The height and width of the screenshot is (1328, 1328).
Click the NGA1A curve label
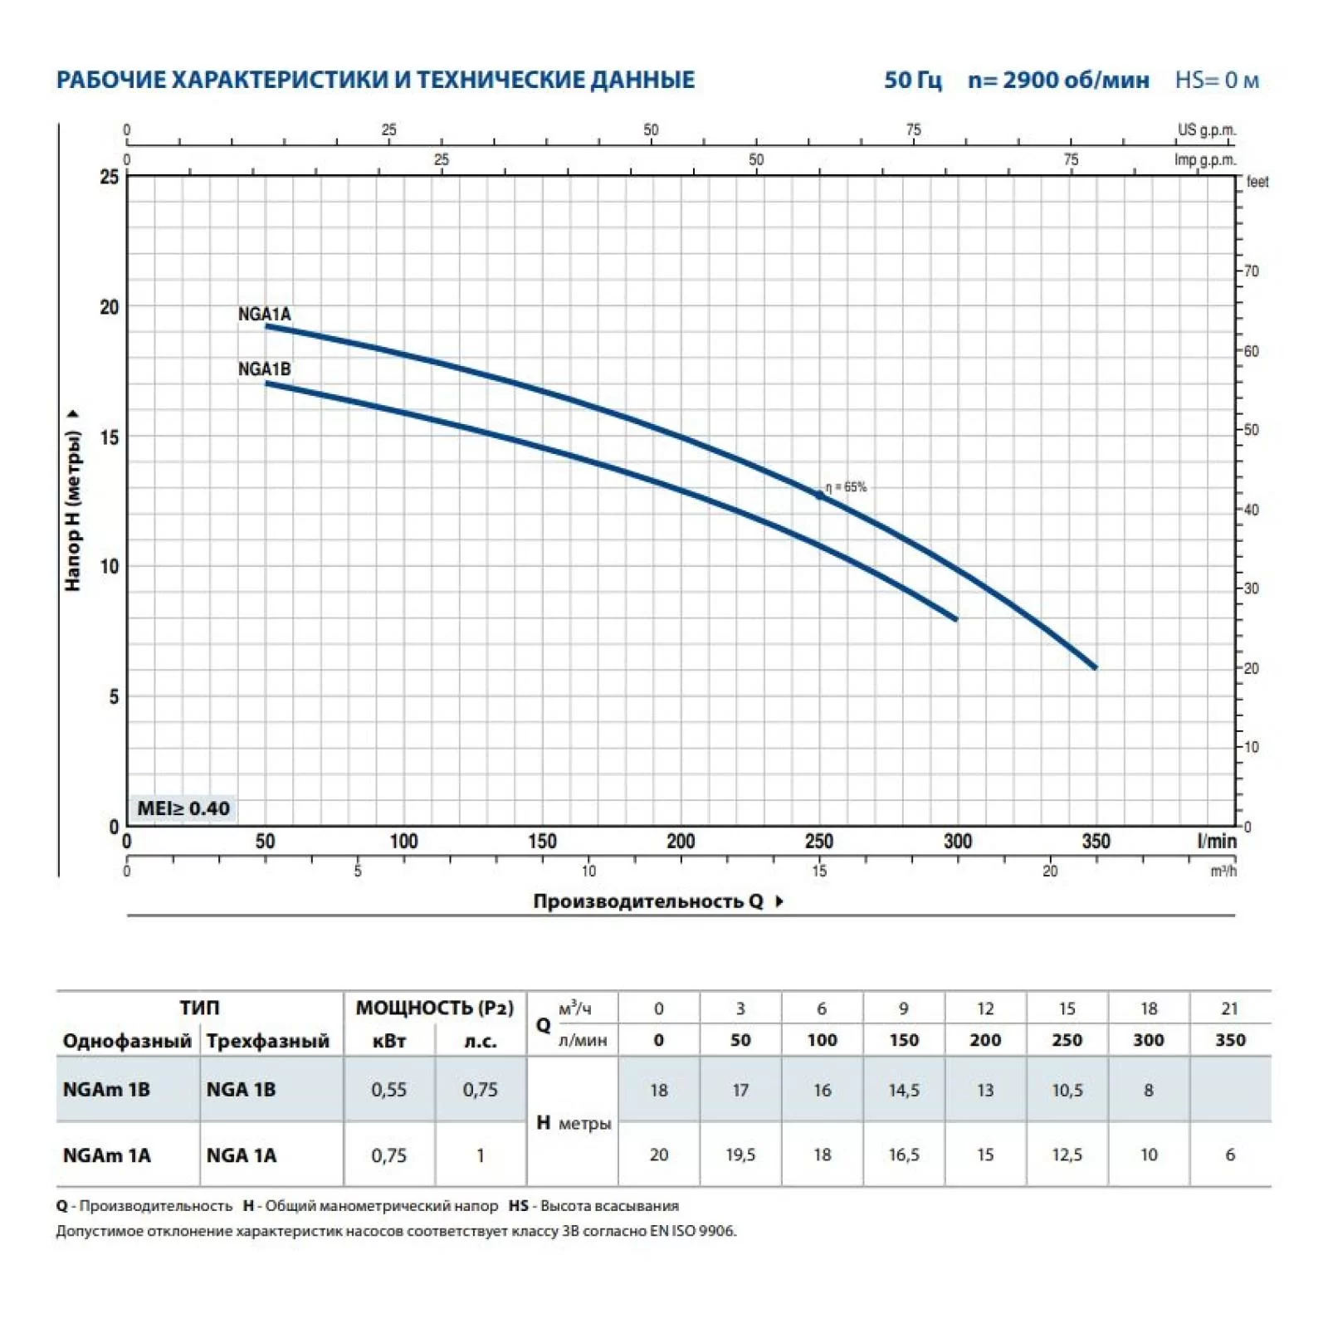pos(264,314)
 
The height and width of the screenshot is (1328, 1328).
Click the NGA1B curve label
pos(264,369)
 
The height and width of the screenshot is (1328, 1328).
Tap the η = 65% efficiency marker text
pos(846,487)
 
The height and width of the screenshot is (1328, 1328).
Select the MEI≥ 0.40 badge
pos(183,808)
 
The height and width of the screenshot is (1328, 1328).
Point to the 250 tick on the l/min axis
pos(819,841)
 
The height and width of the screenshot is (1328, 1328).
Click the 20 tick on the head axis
pos(110,307)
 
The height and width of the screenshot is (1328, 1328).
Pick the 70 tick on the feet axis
pos(1251,271)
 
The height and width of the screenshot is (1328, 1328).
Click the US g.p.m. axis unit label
pos(1206,130)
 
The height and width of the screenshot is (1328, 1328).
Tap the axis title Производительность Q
pos(648,901)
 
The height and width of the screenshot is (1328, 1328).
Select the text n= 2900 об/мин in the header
pos(1058,81)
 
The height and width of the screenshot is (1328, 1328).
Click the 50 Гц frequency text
pos(913,81)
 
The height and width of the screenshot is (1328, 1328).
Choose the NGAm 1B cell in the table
pos(106,1090)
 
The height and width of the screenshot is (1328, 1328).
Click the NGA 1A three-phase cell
pos(241,1155)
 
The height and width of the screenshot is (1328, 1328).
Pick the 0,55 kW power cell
pos(388,1090)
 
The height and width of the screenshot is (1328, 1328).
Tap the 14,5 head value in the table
pos(903,1090)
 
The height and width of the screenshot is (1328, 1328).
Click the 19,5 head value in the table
pos(740,1155)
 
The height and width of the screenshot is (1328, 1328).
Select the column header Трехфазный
pos(267,1041)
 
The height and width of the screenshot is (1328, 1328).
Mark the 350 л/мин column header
pos(1229,1040)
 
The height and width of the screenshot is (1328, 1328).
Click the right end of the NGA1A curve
pos(1095,666)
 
